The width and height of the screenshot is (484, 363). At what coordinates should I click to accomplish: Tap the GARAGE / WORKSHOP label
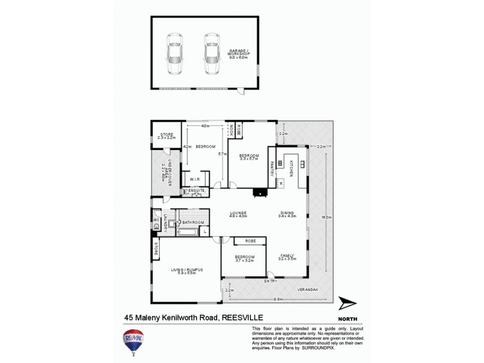pos(240,52)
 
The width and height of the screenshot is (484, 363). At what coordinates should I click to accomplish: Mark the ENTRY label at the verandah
pos(271,281)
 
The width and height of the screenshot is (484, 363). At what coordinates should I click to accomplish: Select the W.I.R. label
pos(195,180)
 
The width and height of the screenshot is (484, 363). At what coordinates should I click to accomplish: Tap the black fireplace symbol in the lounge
pos(259,194)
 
